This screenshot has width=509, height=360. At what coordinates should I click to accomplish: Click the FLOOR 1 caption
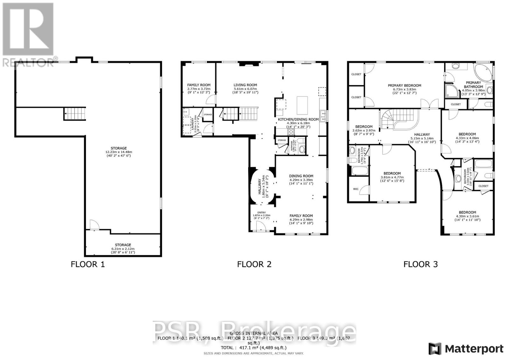tap(87, 264)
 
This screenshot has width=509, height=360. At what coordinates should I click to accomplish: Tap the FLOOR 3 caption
tap(421, 264)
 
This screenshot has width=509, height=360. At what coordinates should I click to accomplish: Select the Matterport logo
tap(466, 349)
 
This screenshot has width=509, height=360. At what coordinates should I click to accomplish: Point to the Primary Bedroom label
tap(404, 86)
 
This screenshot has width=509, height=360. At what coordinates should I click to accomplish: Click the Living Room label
tap(245, 85)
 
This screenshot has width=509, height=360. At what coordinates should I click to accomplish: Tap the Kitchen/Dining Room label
tap(298, 120)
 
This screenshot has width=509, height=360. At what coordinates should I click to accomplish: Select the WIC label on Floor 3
tap(356, 189)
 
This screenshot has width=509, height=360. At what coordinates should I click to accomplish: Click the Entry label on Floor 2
tap(261, 213)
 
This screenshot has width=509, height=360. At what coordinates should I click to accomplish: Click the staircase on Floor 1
tap(75, 114)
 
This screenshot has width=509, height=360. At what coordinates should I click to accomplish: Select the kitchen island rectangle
tap(303, 105)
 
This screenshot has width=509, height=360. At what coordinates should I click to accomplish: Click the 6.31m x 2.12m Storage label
tap(123, 245)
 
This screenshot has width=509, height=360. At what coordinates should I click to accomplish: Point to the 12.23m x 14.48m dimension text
tap(119, 152)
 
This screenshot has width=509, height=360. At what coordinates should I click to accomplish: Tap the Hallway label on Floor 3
tap(422, 135)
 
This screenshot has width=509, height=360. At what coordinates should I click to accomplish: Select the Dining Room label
tap(301, 176)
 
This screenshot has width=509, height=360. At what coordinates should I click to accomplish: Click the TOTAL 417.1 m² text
tap(254, 348)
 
